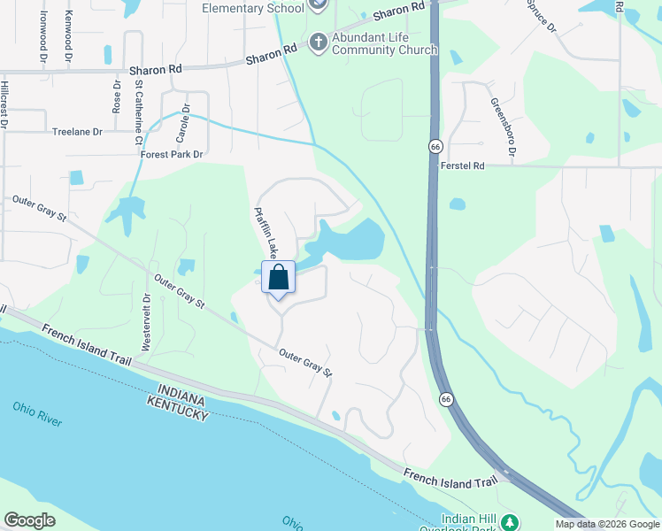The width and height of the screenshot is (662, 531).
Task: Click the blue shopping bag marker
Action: tap(279, 277)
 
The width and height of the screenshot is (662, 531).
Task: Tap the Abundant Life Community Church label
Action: tap(385, 44)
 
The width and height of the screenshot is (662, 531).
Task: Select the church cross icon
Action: tap(319, 42)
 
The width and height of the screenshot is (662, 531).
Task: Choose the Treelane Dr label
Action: tap(78, 131)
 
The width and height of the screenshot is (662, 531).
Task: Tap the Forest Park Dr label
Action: tap(172, 154)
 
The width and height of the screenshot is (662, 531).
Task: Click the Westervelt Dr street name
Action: tap(148, 321)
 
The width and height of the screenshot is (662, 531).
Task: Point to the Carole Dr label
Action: tap(183, 125)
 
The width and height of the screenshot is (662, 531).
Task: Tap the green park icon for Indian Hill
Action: tap(509, 521)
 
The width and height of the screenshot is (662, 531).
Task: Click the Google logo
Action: tap(30, 520)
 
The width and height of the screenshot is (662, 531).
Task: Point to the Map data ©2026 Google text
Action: tap(607, 524)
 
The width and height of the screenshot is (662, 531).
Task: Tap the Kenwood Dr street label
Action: tap(68, 36)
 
